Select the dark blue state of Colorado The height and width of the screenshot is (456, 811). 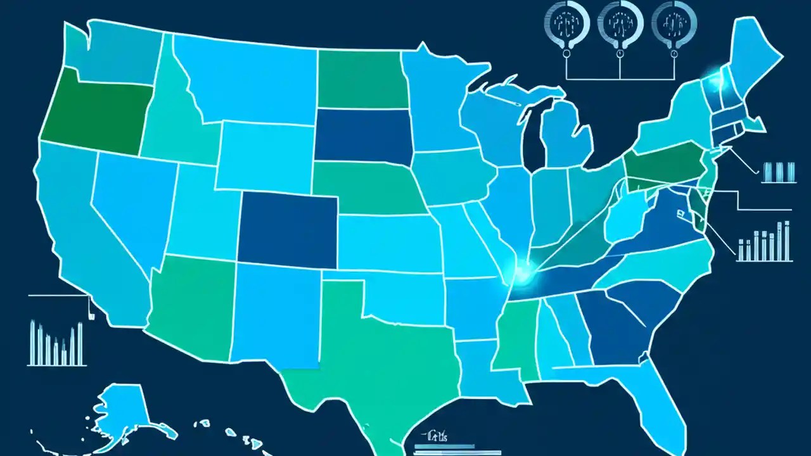click(x=288, y=228)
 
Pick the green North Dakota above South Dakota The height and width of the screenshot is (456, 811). click(x=361, y=79)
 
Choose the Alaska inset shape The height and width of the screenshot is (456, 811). click(x=124, y=412)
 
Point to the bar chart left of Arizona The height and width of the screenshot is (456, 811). click(x=57, y=345)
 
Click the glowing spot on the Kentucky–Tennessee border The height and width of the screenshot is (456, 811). click(x=523, y=274)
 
